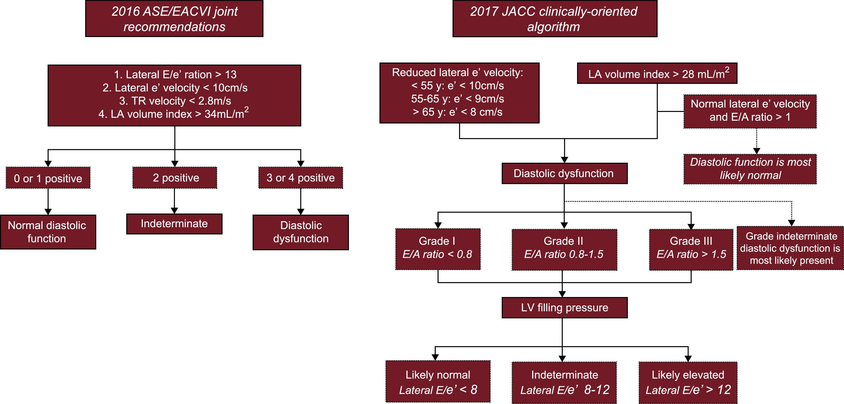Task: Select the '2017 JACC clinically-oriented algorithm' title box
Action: click(x=554, y=19)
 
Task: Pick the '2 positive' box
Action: click(x=175, y=178)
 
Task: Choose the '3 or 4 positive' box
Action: click(x=301, y=178)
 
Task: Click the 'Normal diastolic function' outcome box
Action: click(x=48, y=232)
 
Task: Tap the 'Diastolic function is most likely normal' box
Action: click(x=750, y=169)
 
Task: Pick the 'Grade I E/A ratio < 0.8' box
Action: click(x=438, y=249)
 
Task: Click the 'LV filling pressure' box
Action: click(x=564, y=308)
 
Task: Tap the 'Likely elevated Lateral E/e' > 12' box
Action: click(x=688, y=382)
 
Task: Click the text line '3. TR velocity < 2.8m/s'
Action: click(x=175, y=101)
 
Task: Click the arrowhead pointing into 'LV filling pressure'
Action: click(x=562, y=294)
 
